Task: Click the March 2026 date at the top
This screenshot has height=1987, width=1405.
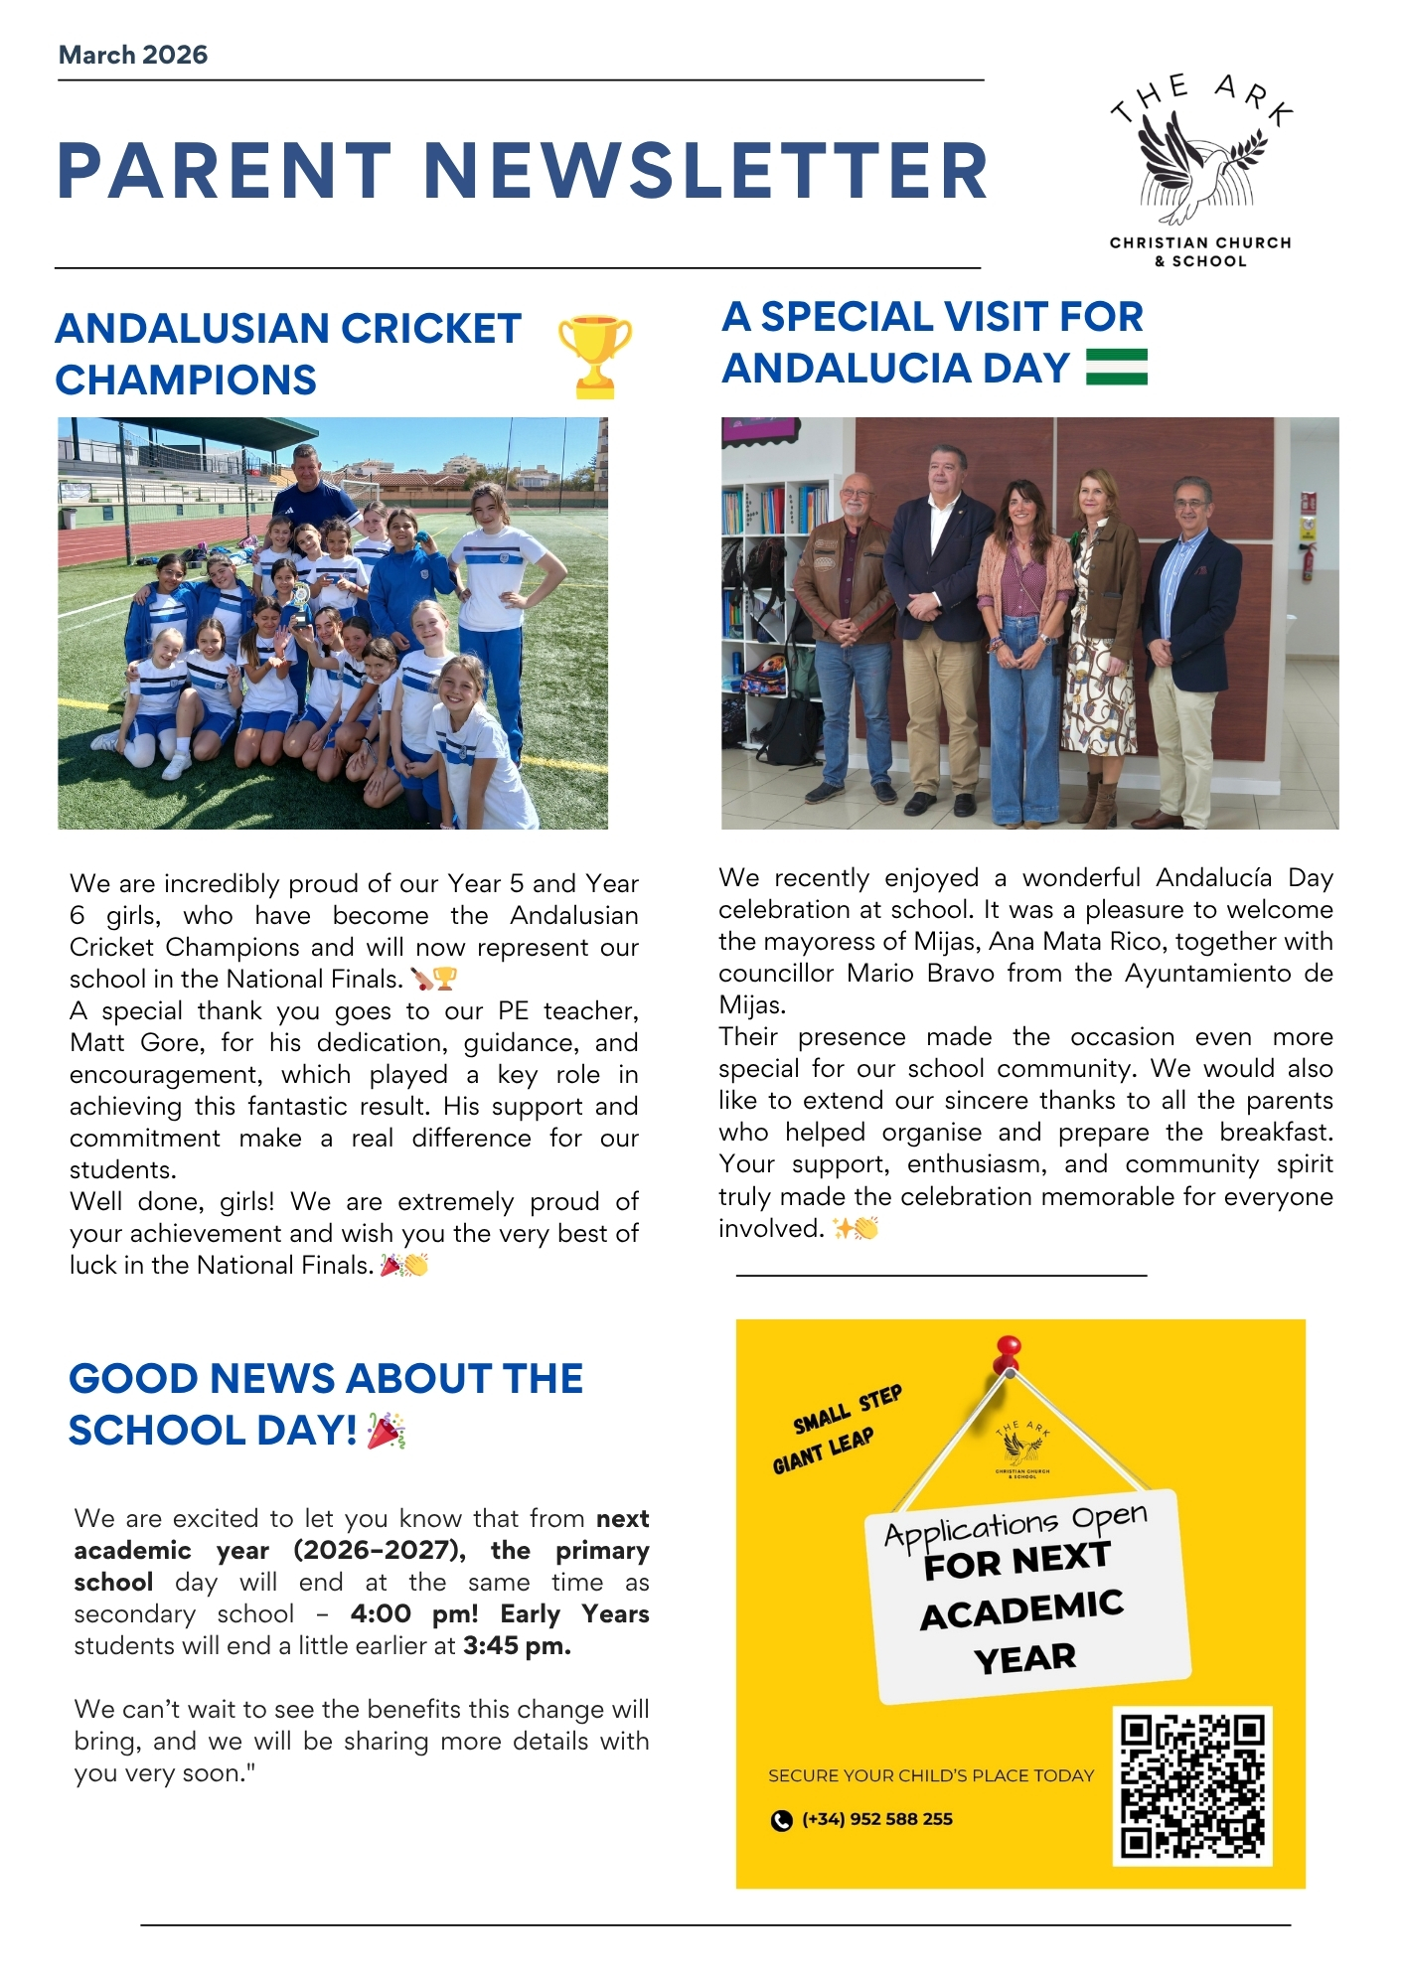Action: (x=133, y=55)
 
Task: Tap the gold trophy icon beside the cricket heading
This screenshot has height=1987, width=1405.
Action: (x=594, y=355)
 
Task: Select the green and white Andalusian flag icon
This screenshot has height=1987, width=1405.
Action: (x=1117, y=367)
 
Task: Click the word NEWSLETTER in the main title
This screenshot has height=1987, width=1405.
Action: (x=705, y=171)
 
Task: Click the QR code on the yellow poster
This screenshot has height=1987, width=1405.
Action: (x=1192, y=1785)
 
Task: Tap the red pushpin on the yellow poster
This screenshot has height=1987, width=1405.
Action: (x=1008, y=1351)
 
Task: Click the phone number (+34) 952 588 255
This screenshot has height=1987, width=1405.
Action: (x=876, y=1819)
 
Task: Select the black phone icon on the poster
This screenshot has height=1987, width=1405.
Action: (x=782, y=1820)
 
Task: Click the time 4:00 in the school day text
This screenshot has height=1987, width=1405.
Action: (x=381, y=1613)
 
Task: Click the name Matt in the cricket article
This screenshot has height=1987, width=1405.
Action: (x=98, y=1042)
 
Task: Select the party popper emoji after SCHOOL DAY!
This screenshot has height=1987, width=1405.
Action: (x=386, y=1431)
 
